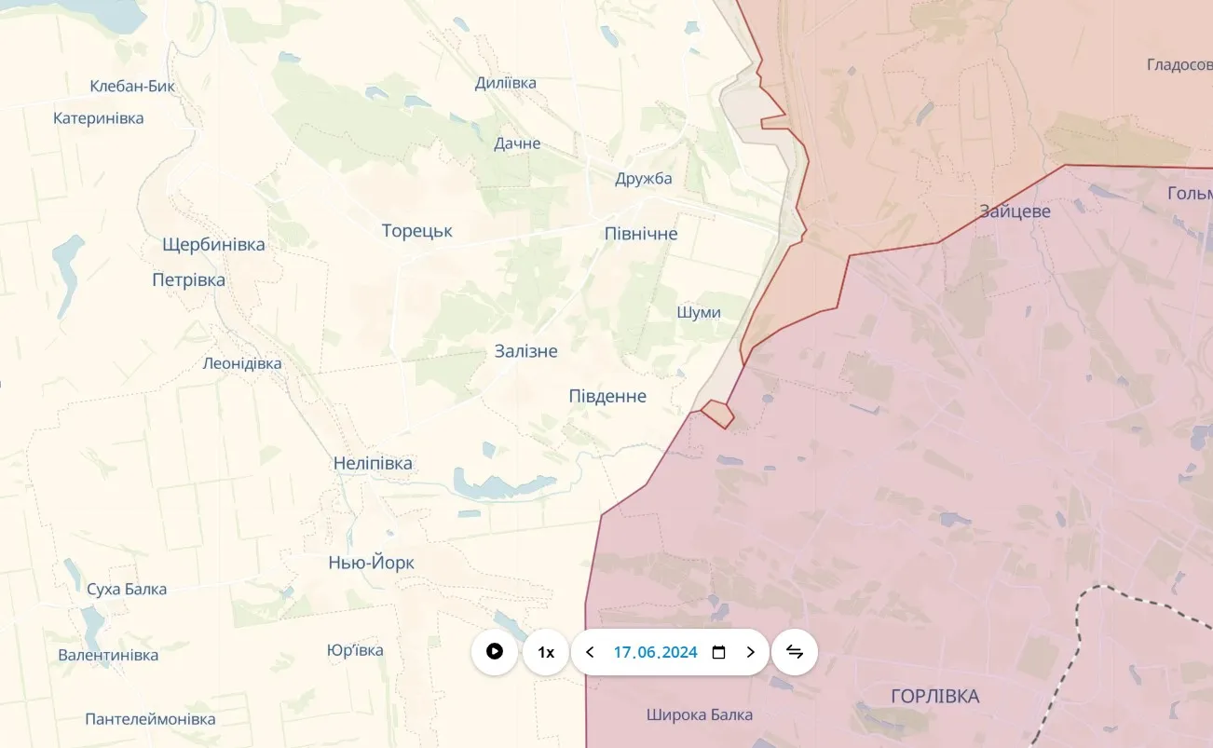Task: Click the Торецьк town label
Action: (x=416, y=231)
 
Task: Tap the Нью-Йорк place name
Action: (x=371, y=563)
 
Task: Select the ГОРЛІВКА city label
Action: (x=934, y=696)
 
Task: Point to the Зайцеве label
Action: (x=1015, y=211)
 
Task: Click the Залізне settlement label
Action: (x=525, y=351)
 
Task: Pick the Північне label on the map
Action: (x=641, y=234)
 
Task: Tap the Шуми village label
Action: (x=698, y=312)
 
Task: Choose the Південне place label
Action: (x=607, y=396)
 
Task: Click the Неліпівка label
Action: (x=373, y=463)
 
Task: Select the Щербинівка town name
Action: (x=213, y=245)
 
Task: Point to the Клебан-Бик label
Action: (x=132, y=87)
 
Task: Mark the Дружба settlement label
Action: (x=643, y=179)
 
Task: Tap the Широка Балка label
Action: (x=699, y=714)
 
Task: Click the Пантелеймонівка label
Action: (x=150, y=719)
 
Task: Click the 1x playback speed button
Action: (x=546, y=652)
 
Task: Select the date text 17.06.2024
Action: (x=655, y=652)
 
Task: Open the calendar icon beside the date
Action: (x=718, y=652)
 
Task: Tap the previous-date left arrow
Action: (x=590, y=652)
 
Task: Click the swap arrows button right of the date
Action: (x=795, y=652)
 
